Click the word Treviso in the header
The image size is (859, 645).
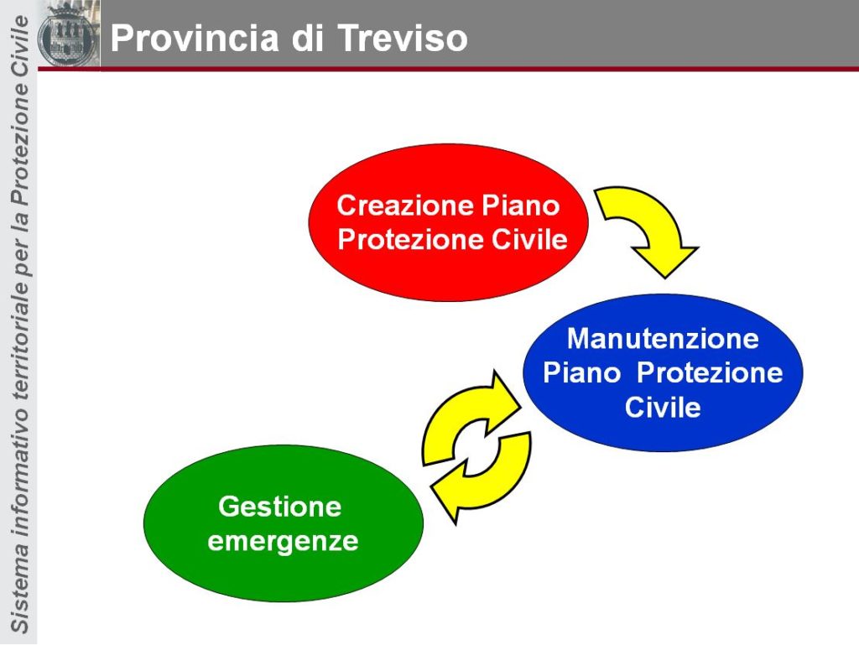tap(402, 39)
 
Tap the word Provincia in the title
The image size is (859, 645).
tap(195, 39)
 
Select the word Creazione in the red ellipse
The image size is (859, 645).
tap(405, 205)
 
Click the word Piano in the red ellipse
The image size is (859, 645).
tap(520, 205)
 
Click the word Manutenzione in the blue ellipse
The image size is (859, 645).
tap(663, 338)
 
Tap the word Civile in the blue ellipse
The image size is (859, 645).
tap(663, 408)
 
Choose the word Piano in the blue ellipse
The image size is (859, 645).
tap(582, 373)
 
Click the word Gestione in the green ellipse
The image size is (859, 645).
tap(280, 507)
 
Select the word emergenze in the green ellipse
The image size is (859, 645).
tap(284, 542)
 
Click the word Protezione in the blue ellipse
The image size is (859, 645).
tap(710, 373)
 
